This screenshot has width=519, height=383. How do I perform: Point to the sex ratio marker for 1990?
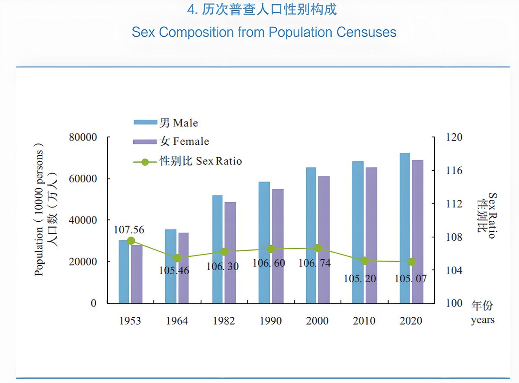271,249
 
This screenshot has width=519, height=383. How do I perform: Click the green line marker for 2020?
412,262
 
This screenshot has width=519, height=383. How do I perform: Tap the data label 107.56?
129,230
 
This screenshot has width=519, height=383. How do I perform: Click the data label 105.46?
177,271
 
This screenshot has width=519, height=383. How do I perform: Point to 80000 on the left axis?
83,137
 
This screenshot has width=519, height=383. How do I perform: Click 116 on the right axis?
454,170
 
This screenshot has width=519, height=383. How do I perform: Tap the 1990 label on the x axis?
271,321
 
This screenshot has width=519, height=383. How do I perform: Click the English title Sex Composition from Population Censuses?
264,32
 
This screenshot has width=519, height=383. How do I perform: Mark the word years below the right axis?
483,320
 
